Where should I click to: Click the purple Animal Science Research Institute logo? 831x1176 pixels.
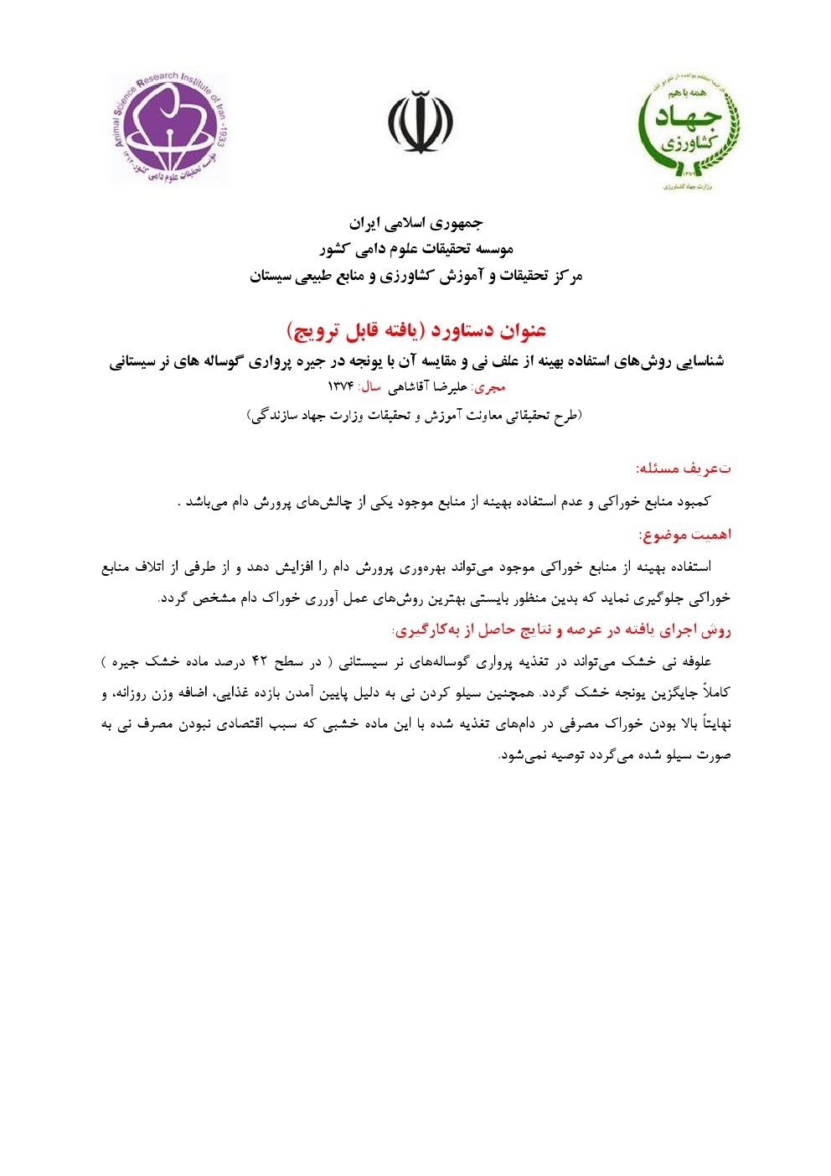170,128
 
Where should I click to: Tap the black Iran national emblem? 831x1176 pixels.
420,122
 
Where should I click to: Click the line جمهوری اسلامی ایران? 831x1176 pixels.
415,224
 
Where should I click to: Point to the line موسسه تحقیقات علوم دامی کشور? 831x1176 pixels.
415,250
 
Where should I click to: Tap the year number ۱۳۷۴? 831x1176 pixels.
340,387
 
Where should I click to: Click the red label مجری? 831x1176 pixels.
490,387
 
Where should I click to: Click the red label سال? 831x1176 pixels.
370,387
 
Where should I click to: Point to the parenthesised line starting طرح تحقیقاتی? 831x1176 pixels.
415,415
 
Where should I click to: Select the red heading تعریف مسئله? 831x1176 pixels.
683,468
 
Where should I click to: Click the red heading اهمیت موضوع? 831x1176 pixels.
684,534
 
